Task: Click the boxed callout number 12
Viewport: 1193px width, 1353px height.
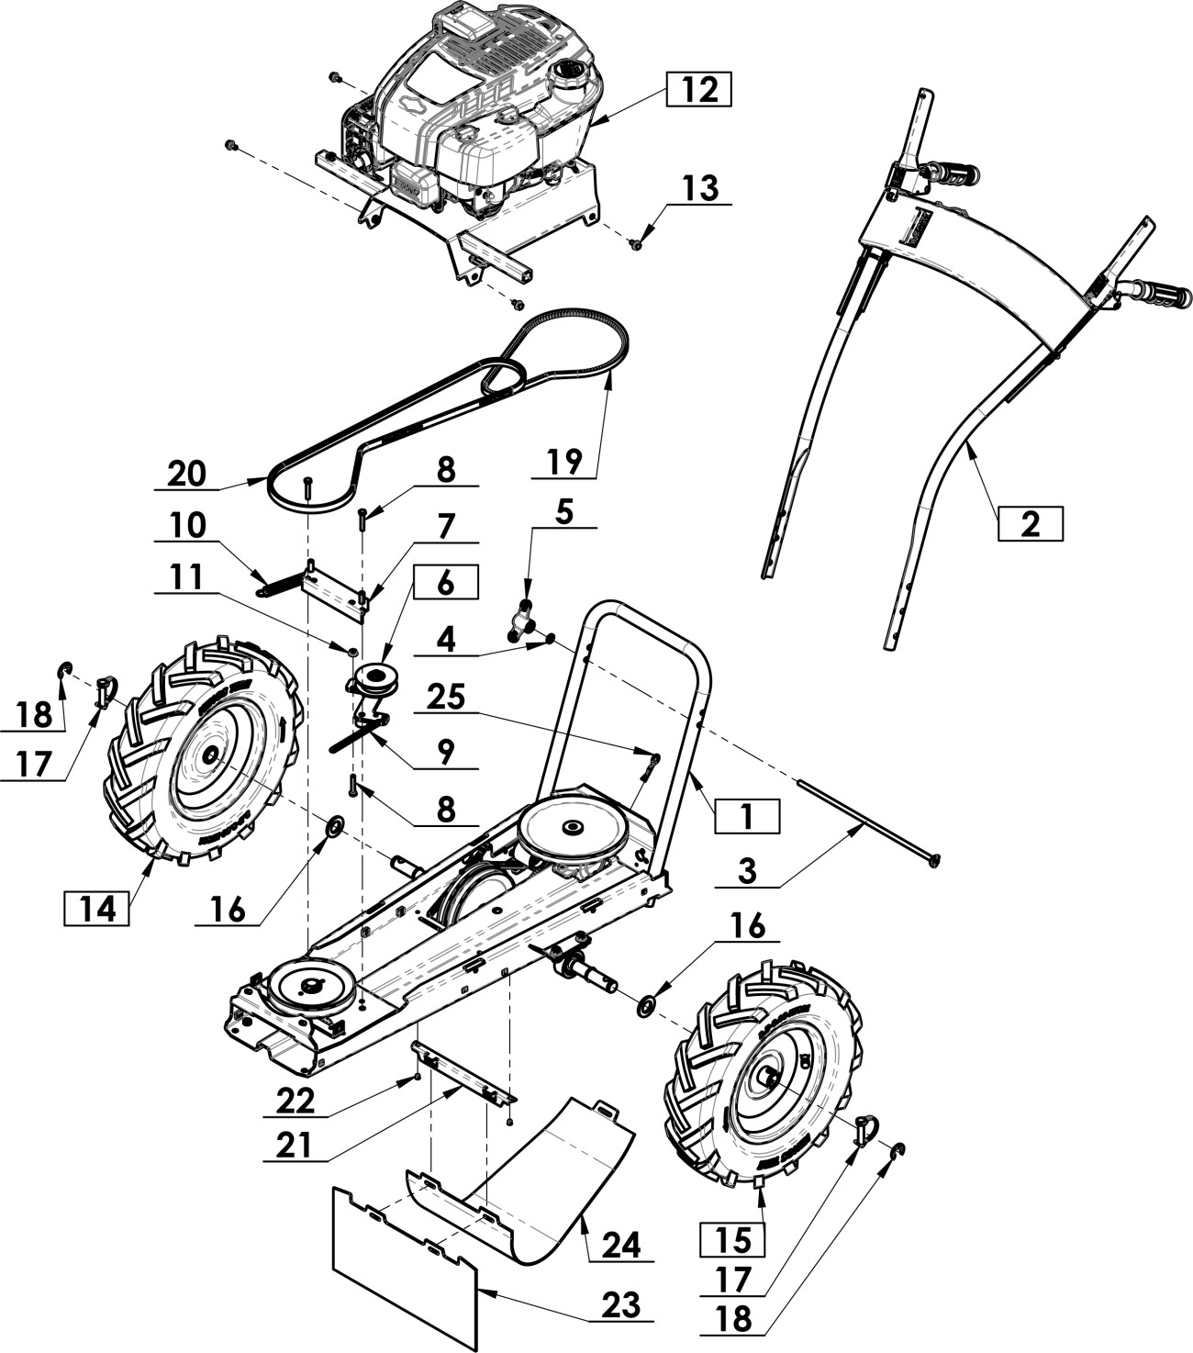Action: [698, 89]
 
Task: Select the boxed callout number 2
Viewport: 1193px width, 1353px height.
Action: [1030, 524]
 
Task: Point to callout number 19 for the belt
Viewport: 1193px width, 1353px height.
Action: [564, 462]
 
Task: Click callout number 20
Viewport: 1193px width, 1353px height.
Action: [186, 474]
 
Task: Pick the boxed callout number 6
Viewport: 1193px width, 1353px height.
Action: [445, 582]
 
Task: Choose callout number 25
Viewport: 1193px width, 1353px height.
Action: [446, 698]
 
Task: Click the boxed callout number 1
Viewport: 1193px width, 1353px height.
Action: [747, 815]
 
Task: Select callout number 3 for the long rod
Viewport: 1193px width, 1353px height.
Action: [747, 871]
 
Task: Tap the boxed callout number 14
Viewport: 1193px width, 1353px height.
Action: [96, 909]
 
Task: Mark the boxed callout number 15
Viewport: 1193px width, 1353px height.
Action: [732, 1240]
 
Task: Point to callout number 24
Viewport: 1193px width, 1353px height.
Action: [621, 1244]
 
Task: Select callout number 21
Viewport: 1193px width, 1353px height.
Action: [294, 1146]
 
